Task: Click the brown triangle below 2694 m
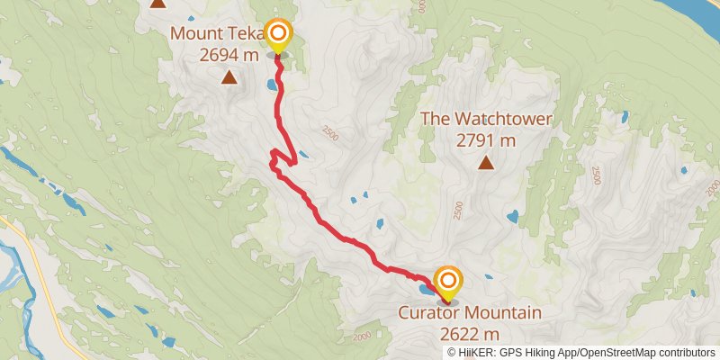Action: pos(229,77)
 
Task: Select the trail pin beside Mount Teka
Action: pos(278,36)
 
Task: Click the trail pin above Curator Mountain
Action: pos(446,283)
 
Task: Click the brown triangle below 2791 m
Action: pos(486,163)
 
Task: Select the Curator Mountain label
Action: pos(472,313)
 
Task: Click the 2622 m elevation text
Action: pos(472,334)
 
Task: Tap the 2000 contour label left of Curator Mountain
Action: pos(362,337)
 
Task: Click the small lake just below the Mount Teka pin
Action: pos(271,86)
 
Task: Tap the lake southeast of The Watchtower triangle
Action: pos(512,217)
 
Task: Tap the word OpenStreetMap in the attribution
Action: pos(611,352)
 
